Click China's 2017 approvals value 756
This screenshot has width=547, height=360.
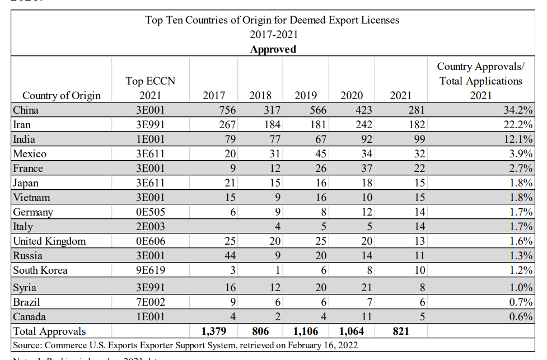pyautogui.click(x=225, y=110)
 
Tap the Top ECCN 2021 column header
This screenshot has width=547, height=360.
pyautogui.click(x=150, y=88)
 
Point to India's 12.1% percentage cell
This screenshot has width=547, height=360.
pyautogui.click(x=518, y=139)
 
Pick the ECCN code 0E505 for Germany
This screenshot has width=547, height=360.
pyautogui.click(x=150, y=212)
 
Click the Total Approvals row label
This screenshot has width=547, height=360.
pyautogui.click(x=50, y=331)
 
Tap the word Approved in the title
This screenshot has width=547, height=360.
pyautogui.click(x=273, y=49)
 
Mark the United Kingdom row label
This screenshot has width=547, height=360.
pyautogui.click(x=50, y=241)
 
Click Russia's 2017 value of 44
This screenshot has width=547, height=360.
pyautogui.click(x=229, y=256)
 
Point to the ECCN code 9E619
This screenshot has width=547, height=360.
pyautogui.click(x=150, y=270)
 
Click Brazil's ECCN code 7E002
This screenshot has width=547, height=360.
pyautogui.click(x=150, y=302)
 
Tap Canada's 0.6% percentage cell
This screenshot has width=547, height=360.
pyautogui.click(x=521, y=317)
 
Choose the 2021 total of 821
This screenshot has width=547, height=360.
pyautogui.click(x=400, y=331)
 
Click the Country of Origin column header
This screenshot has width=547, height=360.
pyautogui.click(x=62, y=95)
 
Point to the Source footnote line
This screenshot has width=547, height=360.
pyautogui.click(x=185, y=345)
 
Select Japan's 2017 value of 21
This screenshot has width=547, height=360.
pyautogui.click(x=229, y=183)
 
